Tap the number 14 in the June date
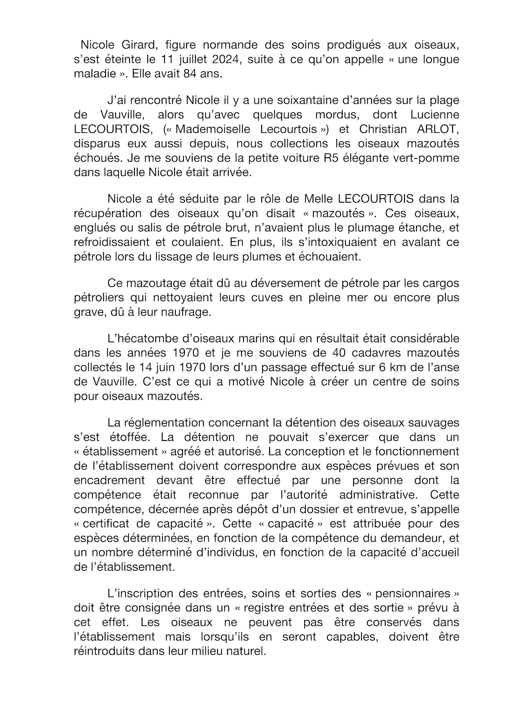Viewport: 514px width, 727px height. tap(146, 367)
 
